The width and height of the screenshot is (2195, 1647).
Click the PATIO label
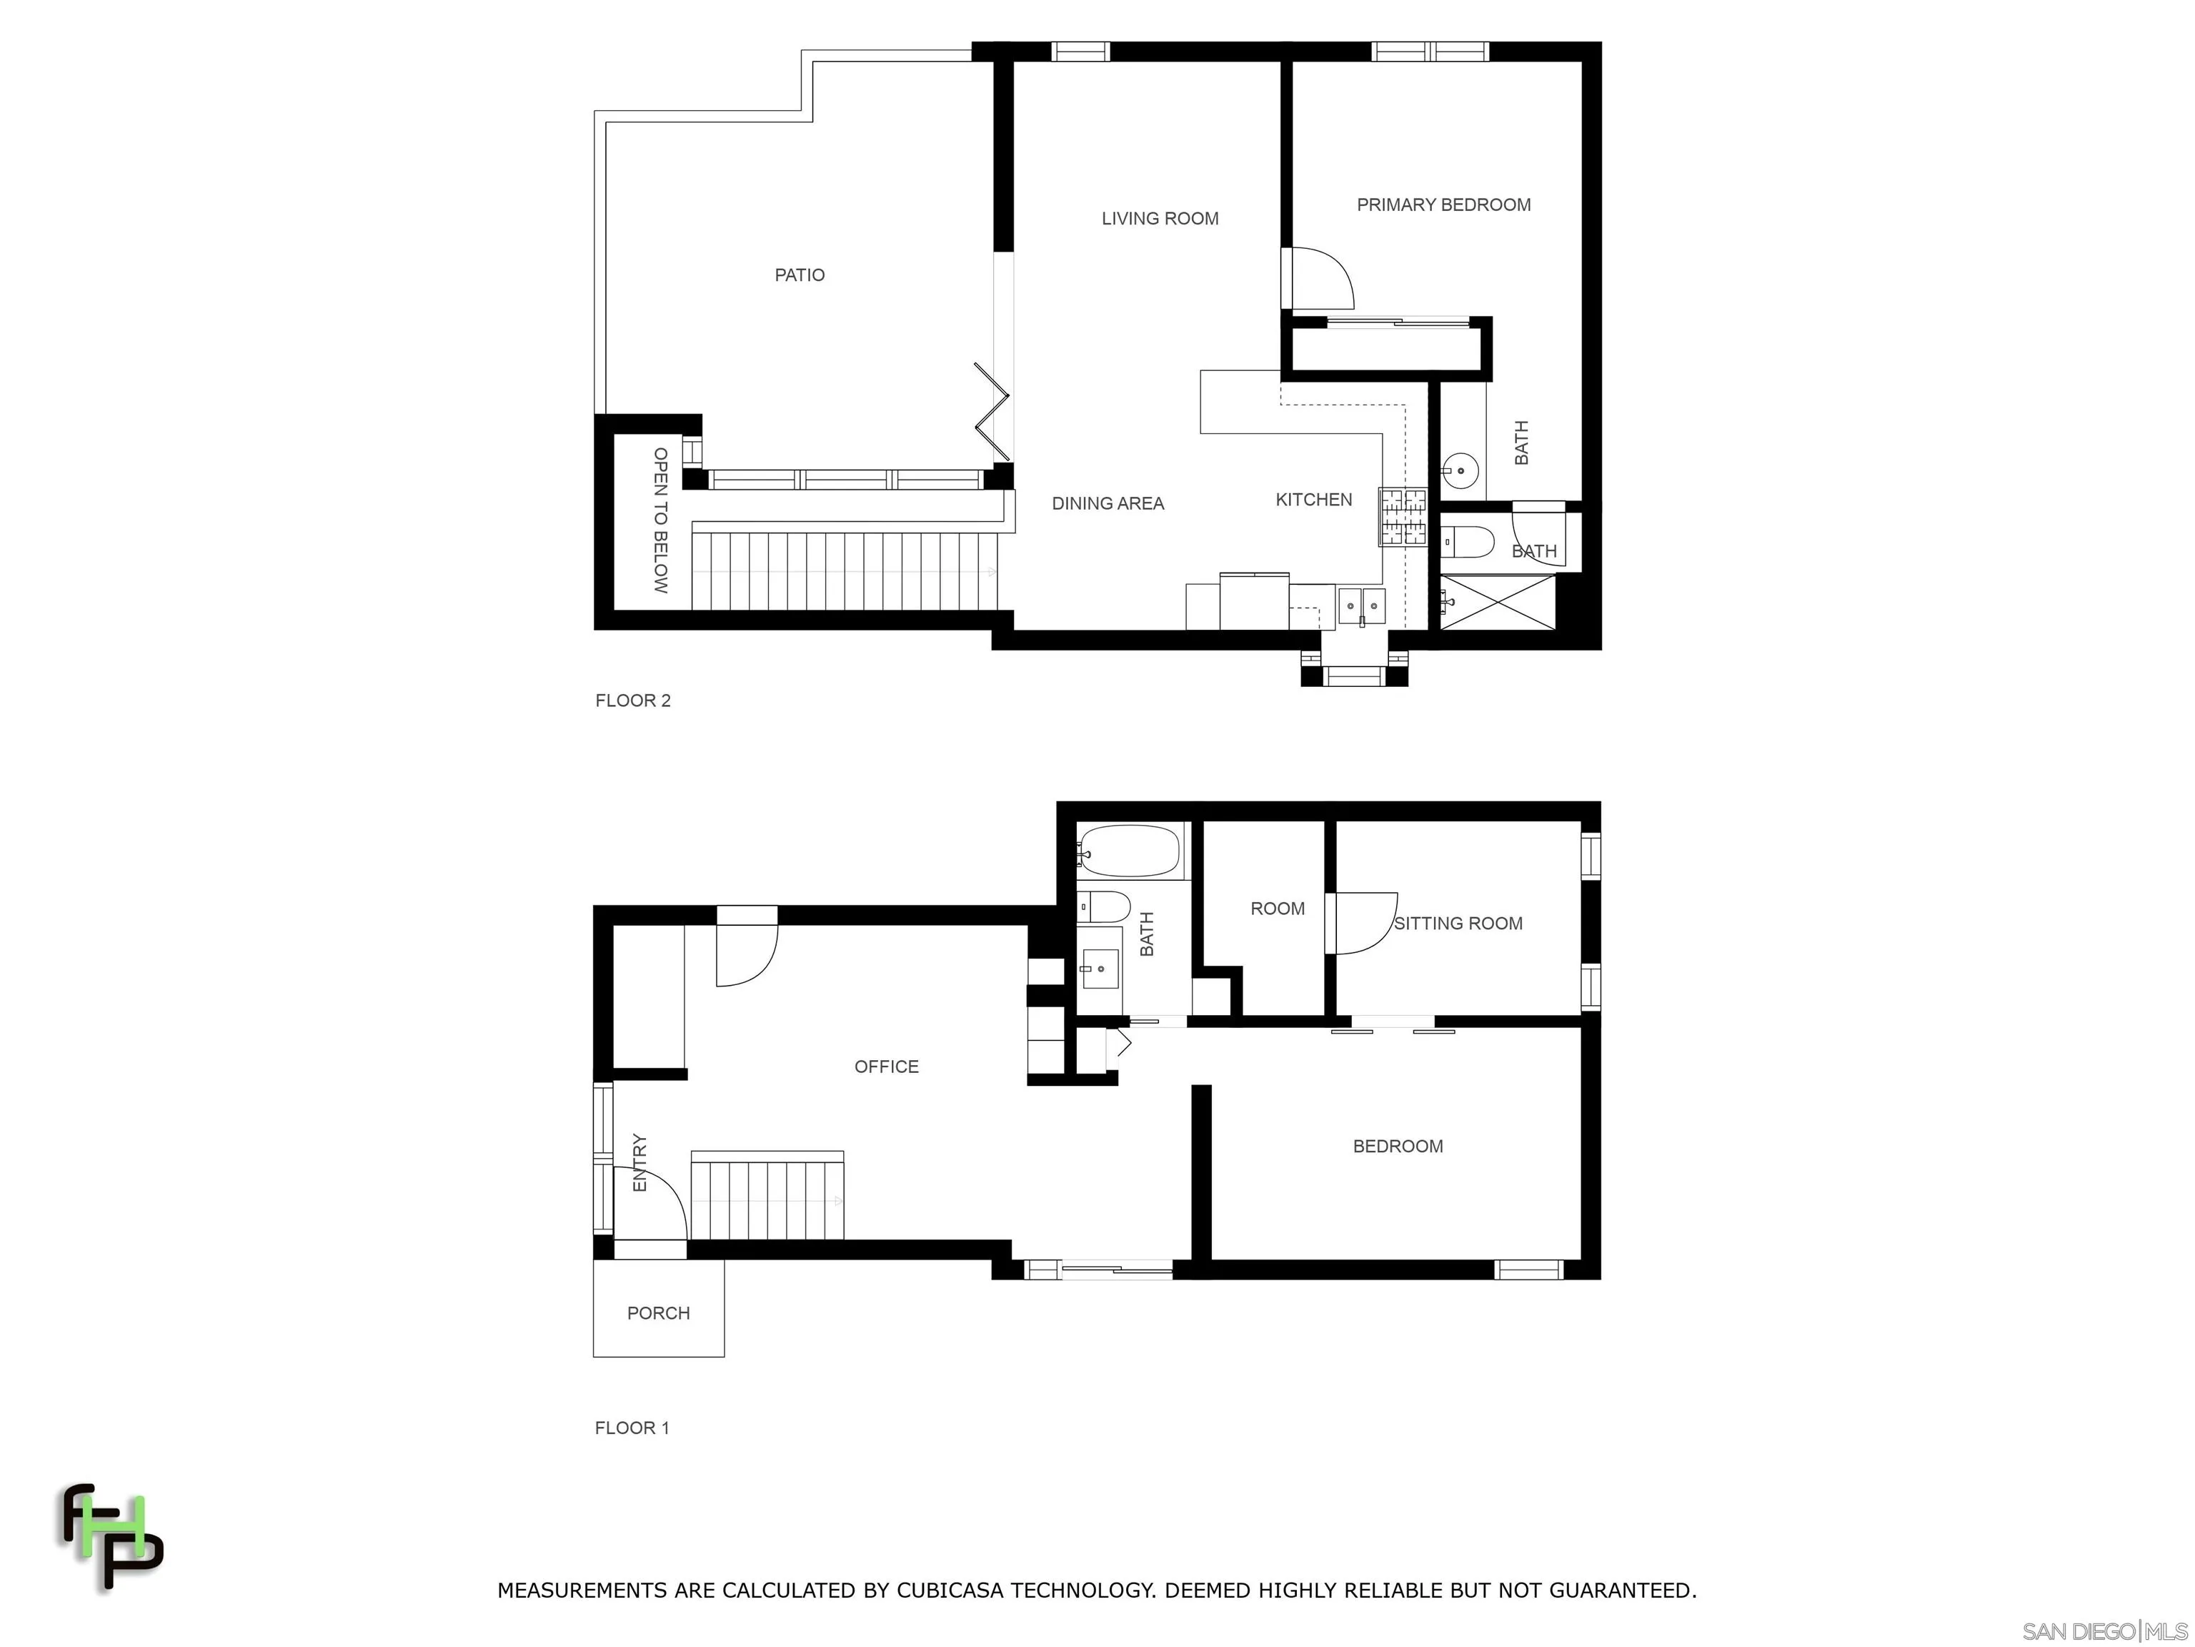click(x=799, y=275)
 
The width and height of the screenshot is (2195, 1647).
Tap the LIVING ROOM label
click(x=1159, y=219)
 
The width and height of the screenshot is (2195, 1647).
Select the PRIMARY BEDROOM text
click(x=1443, y=204)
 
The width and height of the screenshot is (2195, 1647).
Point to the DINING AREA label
click(x=1108, y=503)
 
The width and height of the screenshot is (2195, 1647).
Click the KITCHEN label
click(x=1313, y=500)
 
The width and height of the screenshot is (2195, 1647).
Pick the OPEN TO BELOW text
click(x=661, y=520)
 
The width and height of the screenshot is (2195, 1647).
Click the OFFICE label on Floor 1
click(x=886, y=1067)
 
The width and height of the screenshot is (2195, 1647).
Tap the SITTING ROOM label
click(x=1458, y=924)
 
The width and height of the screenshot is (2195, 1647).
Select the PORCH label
click(x=658, y=1312)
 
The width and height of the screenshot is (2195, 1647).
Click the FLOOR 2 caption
click(x=632, y=700)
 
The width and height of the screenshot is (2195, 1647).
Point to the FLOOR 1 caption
click(x=631, y=1428)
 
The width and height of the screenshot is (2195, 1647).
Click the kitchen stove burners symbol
click(x=1402, y=516)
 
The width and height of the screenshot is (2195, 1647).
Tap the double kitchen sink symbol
click(x=1361, y=605)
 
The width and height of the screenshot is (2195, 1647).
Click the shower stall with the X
click(x=1498, y=602)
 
